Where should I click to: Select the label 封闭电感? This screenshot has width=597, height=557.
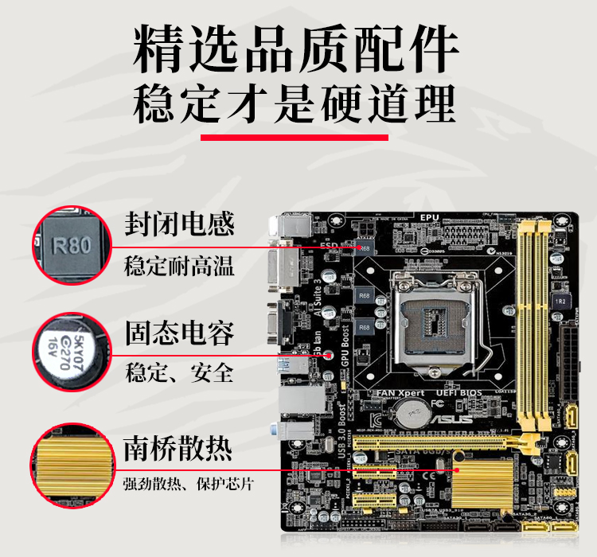[x=179, y=224]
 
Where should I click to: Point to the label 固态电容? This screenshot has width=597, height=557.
[x=179, y=333]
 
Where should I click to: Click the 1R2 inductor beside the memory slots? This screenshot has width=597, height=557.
[x=560, y=302]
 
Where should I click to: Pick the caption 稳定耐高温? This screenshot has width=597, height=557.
[x=179, y=265]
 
